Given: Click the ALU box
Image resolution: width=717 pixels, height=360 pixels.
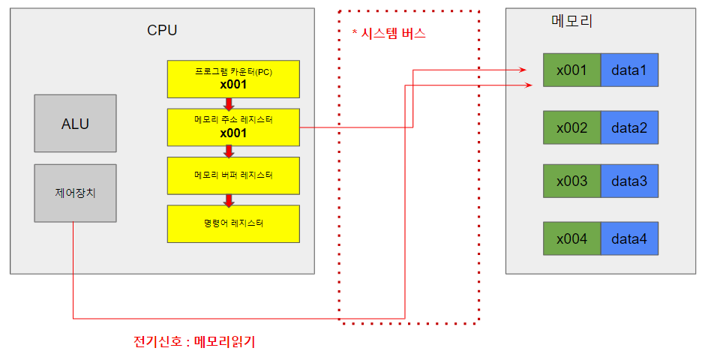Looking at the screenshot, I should [x=75, y=123].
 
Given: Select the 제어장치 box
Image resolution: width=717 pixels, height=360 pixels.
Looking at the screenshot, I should [x=75, y=193].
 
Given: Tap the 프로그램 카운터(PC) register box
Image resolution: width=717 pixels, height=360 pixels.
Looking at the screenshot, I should [x=233, y=79].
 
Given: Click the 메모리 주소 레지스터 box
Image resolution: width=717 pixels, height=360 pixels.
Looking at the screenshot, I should [x=233, y=127].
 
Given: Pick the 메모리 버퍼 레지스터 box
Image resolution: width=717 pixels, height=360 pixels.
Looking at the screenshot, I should [x=233, y=175].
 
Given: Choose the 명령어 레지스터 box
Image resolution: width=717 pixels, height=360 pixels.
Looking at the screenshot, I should [x=233, y=223].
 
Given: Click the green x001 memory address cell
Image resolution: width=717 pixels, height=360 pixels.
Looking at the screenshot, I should [x=571, y=70].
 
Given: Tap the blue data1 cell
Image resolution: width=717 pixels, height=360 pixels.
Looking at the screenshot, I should [x=628, y=70].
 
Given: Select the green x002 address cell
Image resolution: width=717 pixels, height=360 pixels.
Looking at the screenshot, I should [x=571, y=127].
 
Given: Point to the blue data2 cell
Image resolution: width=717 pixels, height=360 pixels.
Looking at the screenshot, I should [x=628, y=127].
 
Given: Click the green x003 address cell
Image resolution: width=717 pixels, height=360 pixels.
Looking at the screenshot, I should [x=571, y=181].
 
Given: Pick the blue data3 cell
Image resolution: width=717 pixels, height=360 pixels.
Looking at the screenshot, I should [x=628, y=181].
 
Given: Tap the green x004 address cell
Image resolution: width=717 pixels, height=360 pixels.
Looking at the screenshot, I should [x=571, y=239].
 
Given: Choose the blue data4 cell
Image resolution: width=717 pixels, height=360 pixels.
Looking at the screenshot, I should [x=628, y=239].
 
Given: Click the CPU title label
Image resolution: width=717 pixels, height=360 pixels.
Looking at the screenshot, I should [x=162, y=31].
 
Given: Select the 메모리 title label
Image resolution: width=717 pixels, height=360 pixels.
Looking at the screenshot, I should [x=571, y=22].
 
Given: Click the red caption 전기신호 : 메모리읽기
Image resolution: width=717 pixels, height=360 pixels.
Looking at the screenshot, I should [x=198, y=342].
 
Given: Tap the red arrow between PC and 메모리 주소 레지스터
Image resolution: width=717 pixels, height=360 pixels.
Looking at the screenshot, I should [x=229, y=103].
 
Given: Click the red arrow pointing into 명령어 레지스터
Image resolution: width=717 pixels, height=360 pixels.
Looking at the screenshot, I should [x=229, y=199].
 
